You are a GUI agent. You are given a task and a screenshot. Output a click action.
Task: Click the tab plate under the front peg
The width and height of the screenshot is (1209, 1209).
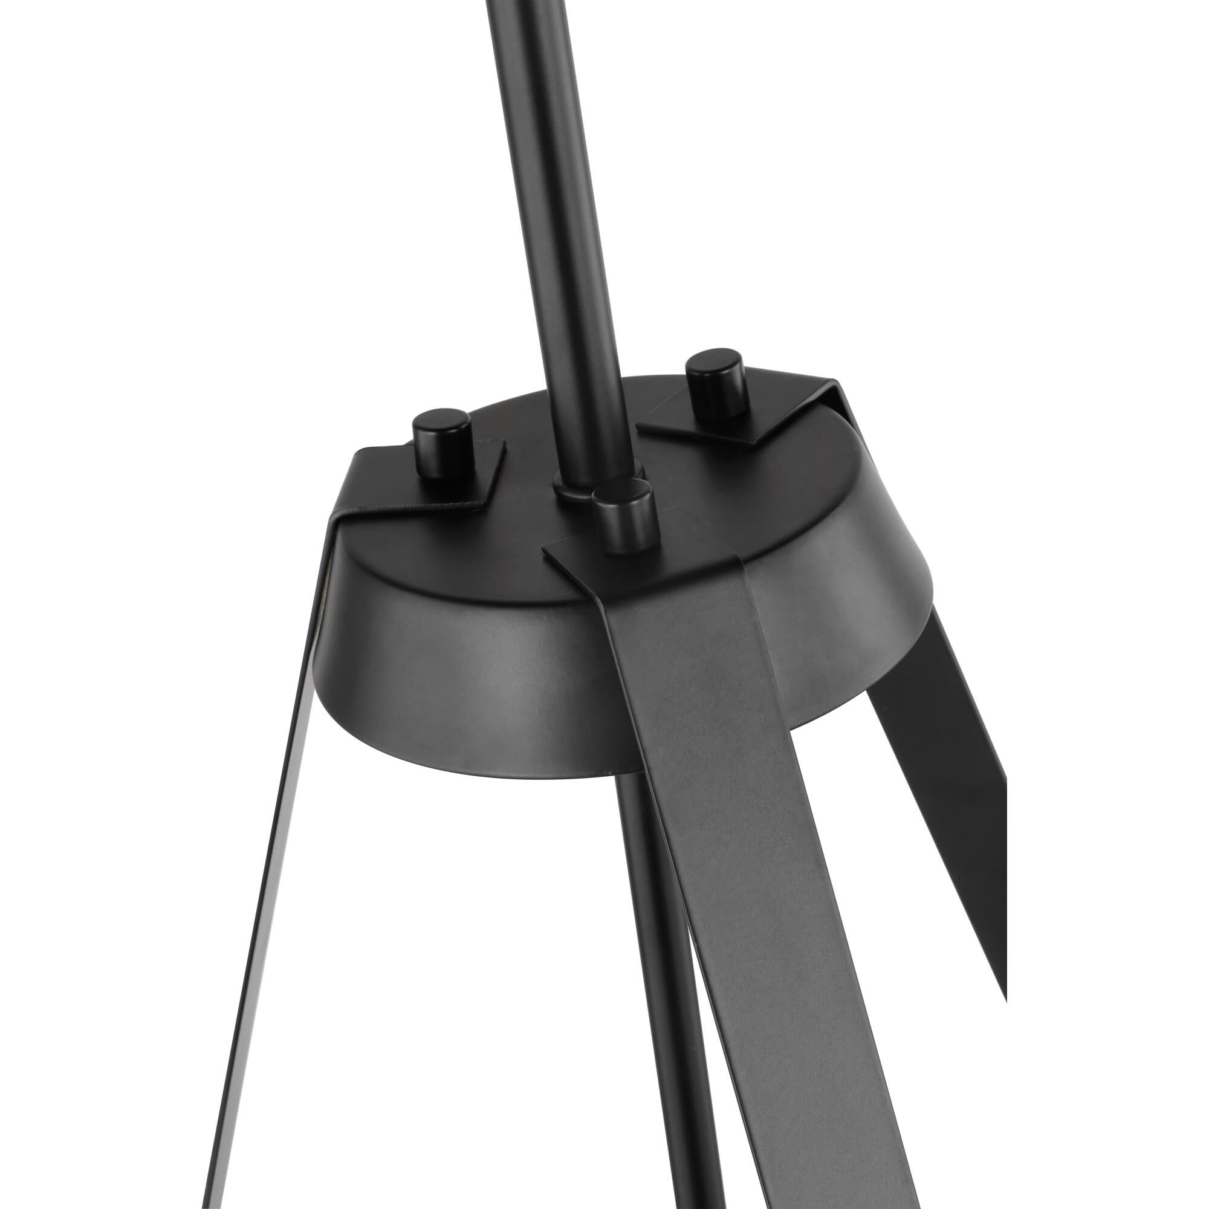pos(601,551)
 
